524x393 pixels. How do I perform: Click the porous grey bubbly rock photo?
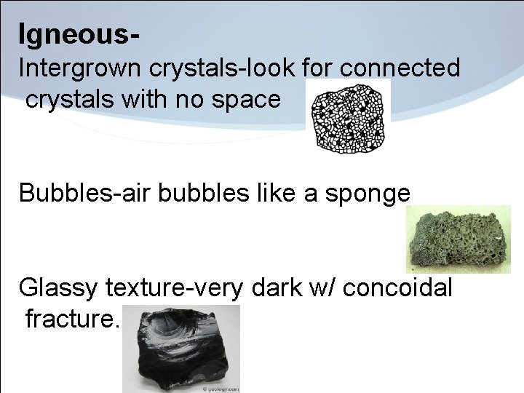(x=458, y=239)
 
